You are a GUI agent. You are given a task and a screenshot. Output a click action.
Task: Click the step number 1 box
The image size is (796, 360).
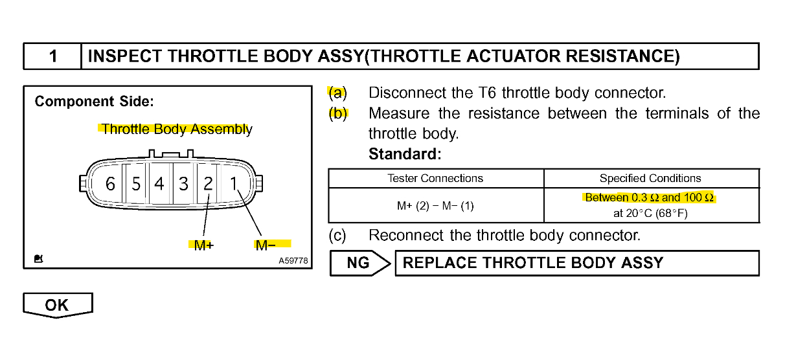coord(52,56)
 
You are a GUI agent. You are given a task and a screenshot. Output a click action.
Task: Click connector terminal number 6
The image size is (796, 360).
coord(110,184)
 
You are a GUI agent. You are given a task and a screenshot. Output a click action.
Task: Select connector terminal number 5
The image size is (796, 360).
coord(136,184)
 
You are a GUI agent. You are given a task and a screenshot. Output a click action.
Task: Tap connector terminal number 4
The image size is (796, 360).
coord(159,184)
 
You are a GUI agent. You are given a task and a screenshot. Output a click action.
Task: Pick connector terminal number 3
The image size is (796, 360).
coord(184,184)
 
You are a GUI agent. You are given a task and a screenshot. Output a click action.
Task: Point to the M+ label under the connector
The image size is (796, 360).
coord(204,245)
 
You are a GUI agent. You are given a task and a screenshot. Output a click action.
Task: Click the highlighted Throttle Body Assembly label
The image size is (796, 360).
coord(176,129)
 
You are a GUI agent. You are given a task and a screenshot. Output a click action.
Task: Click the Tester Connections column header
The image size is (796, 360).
coord(435,178)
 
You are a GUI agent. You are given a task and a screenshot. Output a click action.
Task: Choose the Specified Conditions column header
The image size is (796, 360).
coord(650,178)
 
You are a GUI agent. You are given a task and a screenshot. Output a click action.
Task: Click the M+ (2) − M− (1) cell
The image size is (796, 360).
coord(435,206)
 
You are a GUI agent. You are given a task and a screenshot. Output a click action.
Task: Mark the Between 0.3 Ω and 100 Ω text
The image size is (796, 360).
coord(649,197)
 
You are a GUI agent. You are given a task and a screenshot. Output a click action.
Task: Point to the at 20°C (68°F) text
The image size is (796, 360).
coord(650,213)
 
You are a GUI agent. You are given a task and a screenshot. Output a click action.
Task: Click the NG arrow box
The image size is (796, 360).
coord(360,263)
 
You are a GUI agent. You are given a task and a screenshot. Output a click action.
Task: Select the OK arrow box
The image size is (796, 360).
coord(57,305)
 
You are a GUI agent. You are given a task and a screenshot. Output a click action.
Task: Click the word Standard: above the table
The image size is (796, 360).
coord(405,155)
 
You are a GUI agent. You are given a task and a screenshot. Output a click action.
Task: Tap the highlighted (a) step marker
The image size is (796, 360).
coord(337,93)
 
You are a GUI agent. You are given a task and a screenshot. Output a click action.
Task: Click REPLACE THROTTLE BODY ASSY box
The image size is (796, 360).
coord(576,263)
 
